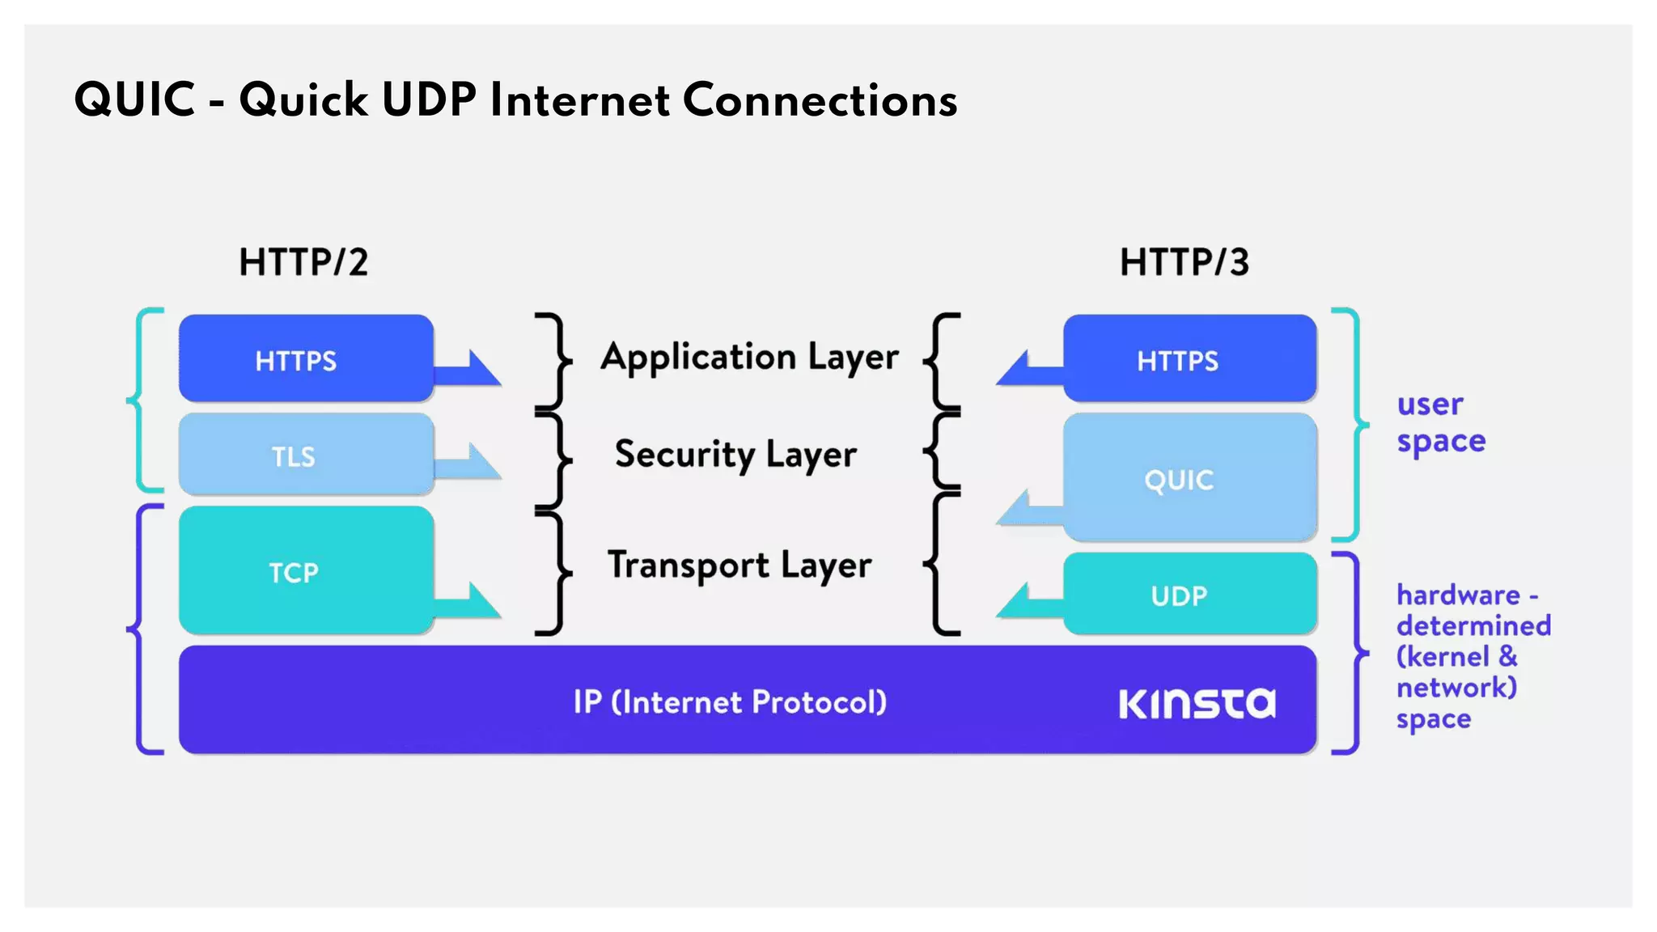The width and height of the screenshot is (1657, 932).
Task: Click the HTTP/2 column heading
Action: (x=303, y=262)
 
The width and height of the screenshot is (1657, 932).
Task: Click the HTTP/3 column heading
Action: (x=1184, y=262)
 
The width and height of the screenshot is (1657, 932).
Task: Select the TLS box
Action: (x=305, y=455)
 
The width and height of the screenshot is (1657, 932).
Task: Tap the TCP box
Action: (x=305, y=571)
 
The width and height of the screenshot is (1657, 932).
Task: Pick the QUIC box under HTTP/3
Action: (x=1189, y=479)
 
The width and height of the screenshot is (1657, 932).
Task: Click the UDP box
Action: (x=1189, y=595)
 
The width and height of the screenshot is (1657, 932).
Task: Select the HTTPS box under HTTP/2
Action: (x=305, y=359)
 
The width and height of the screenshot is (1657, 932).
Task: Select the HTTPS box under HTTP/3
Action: (x=1189, y=359)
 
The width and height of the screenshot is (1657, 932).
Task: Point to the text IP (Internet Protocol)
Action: (x=730, y=701)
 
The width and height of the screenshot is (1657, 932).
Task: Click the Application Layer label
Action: (x=748, y=357)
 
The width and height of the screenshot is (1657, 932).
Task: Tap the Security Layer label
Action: (x=735, y=454)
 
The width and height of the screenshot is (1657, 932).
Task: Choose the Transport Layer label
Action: (x=739, y=565)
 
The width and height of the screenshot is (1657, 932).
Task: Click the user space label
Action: (x=1440, y=422)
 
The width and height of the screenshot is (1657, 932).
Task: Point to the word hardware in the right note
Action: (x=1458, y=595)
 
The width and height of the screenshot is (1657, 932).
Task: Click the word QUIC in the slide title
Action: (x=134, y=100)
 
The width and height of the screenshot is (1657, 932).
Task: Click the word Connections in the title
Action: (x=820, y=100)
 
